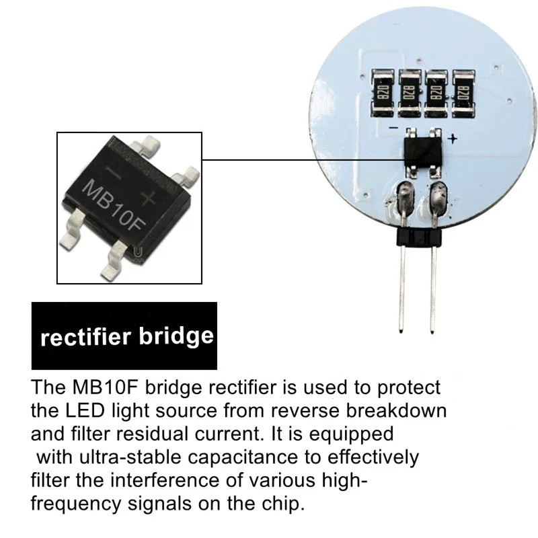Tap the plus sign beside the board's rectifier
[x=452, y=139]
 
